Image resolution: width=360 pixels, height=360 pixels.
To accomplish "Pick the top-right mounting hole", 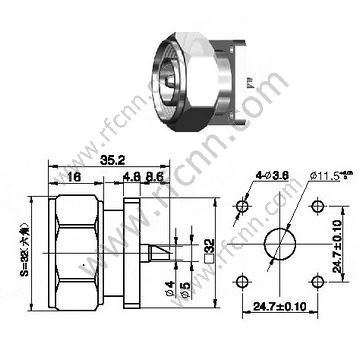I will [316, 207].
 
